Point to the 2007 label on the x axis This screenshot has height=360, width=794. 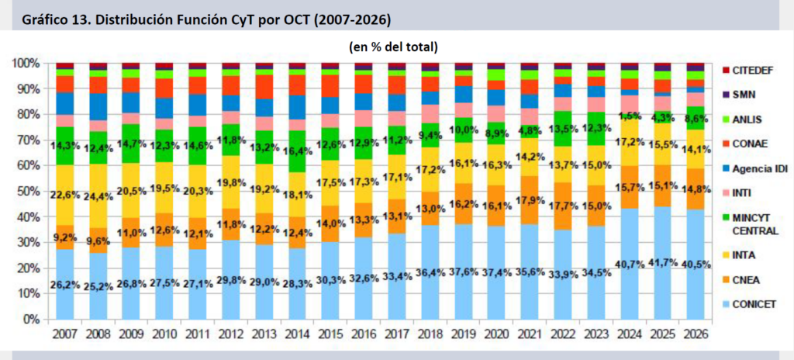[65, 334]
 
